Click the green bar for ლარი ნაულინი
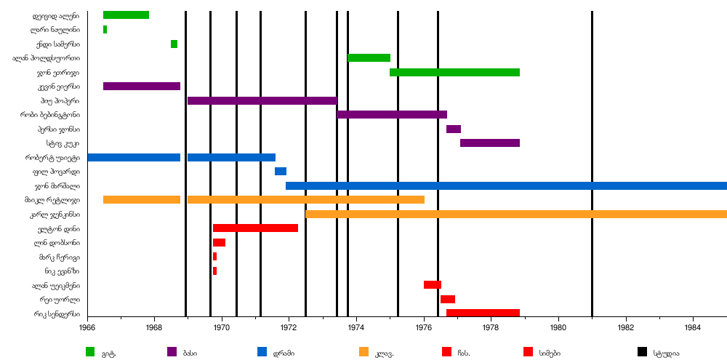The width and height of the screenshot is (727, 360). click(105, 30)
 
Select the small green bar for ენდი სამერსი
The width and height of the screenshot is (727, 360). click(174, 44)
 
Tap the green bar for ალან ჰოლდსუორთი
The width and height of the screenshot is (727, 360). click(369, 58)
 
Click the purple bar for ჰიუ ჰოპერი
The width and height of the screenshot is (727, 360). click(262, 100)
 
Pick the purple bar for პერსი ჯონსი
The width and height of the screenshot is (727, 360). click(453, 129)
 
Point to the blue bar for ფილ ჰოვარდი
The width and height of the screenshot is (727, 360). click(280, 172)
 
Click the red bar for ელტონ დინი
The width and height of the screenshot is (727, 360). click(255, 228)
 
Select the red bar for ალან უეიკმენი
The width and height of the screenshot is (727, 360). click(432, 285)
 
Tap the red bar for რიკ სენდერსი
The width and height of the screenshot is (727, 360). click(483, 313)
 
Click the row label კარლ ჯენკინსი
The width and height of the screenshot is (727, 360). click(55, 215)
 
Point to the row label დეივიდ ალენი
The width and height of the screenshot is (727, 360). click(56, 15)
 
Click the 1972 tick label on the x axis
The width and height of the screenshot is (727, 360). click(289, 328)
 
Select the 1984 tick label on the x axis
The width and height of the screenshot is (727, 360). click(693, 328)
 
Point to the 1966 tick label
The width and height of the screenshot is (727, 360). click(87, 328)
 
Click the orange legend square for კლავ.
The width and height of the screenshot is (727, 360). click(363, 352)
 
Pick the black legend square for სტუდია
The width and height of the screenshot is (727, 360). click(642, 352)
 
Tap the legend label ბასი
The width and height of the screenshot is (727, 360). click(190, 353)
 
